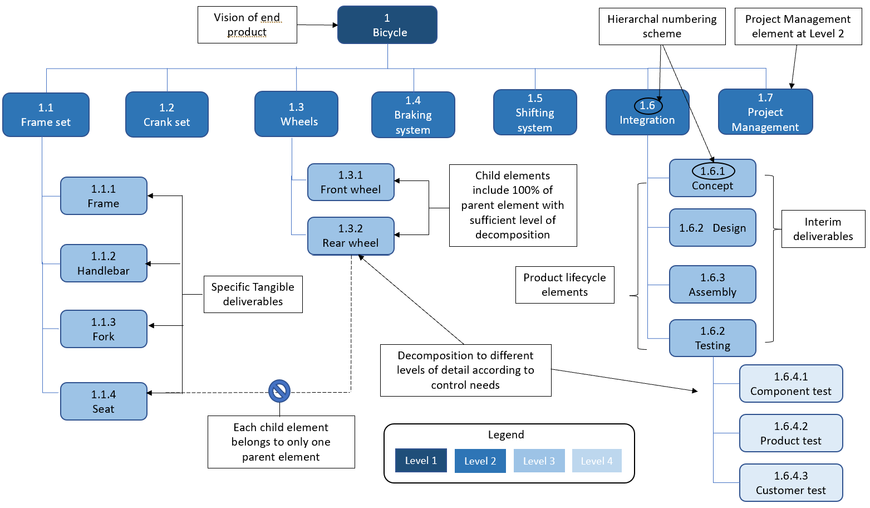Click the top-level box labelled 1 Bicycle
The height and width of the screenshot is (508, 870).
pyautogui.click(x=387, y=25)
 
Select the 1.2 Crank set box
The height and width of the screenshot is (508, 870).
pyautogui.click(x=167, y=115)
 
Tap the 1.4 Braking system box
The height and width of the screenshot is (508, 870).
pyautogui.click(x=413, y=115)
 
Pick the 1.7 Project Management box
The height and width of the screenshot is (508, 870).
pyautogui.click(x=765, y=112)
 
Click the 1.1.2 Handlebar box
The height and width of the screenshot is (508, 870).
pyautogui.click(x=104, y=263)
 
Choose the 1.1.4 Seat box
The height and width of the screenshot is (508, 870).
pyautogui.click(x=104, y=402)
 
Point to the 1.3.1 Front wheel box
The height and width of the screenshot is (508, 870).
pyautogui.click(x=351, y=182)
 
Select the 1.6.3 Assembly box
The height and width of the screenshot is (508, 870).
pyautogui.click(x=712, y=285)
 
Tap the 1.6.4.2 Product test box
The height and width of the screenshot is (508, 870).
pyautogui.click(x=791, y=433)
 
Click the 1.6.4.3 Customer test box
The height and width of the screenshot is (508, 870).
pyautogui.click(x=791, y=483)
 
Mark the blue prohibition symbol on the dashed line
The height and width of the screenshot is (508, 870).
pyautogui.click(x=279, y=391)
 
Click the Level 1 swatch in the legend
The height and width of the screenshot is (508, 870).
pyautogui.click(x=421, y=461)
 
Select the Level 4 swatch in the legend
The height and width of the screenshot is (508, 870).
pyautogui.click(x=597, y=461)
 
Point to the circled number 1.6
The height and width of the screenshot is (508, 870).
pyautogui.click(x=648, y=105)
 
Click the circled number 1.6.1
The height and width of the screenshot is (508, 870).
pyautogui.click(x=713, y=171)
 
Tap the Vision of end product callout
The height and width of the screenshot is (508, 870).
pyautogui.click(x=247, y=25)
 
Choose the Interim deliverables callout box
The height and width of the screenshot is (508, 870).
pyautogui.click(x=823, y=229)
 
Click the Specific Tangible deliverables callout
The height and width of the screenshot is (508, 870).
pyautogui.click(x=253, y=294)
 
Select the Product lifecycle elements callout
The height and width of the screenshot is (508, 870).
pyautogui.click(x=564, y=285)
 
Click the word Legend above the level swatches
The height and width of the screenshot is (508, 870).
pyautogui.click(x=506, y=434)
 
